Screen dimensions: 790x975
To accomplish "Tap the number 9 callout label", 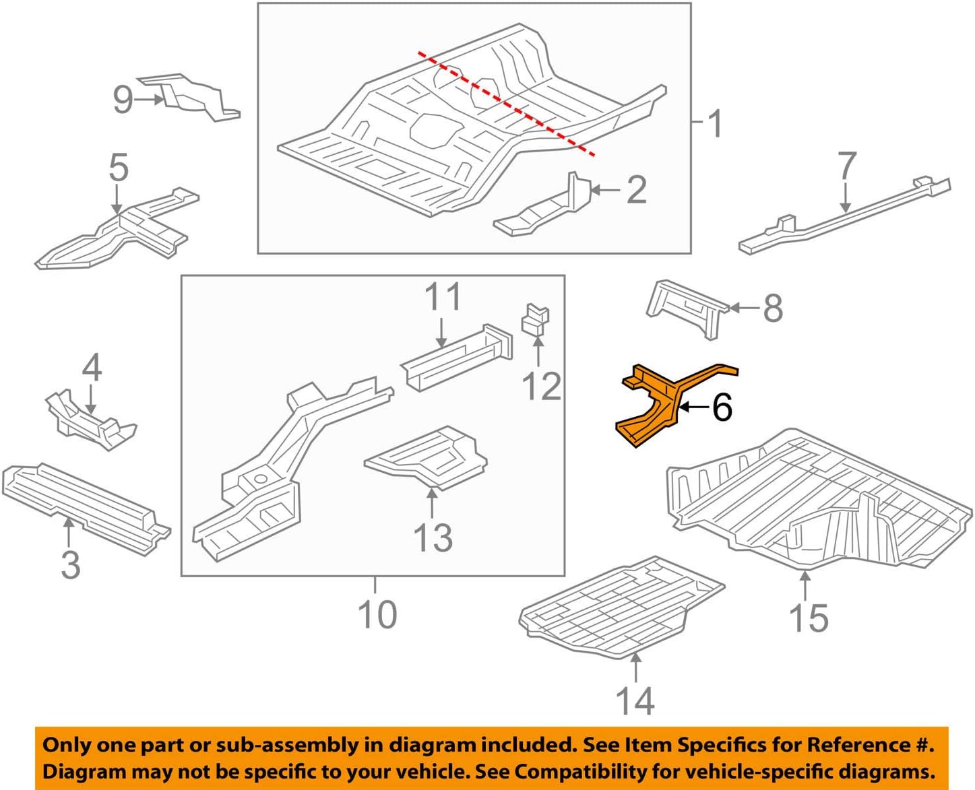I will (123, 100).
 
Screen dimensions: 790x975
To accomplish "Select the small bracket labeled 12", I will (536, 319).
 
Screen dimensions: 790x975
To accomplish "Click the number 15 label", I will (808, 618).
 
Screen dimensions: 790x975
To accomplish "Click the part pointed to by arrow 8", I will (687, 307).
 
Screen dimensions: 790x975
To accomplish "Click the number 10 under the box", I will (377, 614).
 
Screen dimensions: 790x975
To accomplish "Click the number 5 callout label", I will (119, 167).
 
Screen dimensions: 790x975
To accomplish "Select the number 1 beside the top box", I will (715, 124).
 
